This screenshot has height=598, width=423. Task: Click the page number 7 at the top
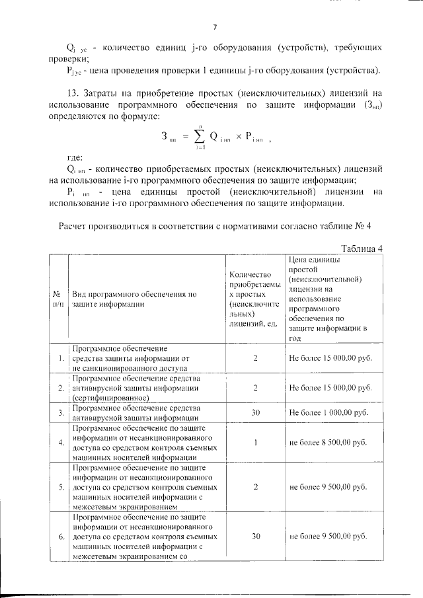point(215,26)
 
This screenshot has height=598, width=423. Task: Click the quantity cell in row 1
point(254,357)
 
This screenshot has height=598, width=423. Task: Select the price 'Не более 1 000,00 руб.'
point(328,412)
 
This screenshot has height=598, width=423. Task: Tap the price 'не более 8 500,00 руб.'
point(328,442)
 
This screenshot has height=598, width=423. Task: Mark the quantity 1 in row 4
point(254,442)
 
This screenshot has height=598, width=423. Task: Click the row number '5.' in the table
point(60,487)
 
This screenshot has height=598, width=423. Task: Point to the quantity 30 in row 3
point(254,412)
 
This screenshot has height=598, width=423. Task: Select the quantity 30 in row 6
point(254,537)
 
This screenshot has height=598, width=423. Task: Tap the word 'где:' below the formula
point(74,159)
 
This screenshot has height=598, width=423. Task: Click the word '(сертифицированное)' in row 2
point(109,398)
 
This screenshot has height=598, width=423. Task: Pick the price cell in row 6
point(328,537)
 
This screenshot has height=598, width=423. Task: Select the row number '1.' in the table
point(60,358)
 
